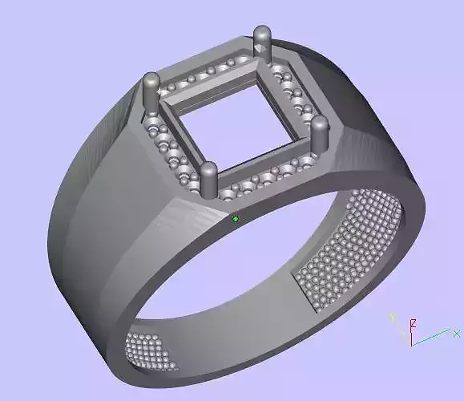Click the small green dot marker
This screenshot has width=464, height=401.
[x=235, y=218]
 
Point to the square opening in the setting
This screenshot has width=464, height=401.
[x=236, y=120]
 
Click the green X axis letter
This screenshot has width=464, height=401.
[x=456, y=333]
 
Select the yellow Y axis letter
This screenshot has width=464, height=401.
[x=393, y=318]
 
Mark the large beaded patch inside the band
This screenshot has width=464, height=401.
[x=349, y=249]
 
